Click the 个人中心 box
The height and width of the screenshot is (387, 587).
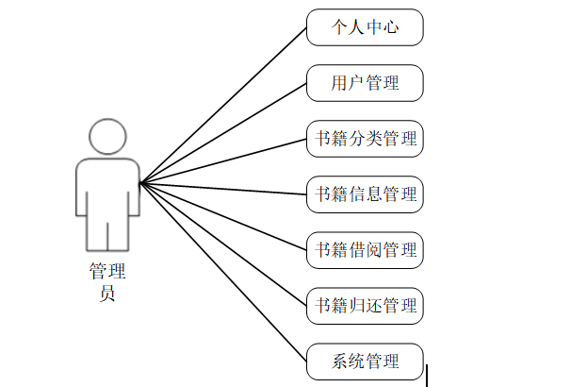tap(365, 27)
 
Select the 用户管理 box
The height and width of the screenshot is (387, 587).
tap(365, 83)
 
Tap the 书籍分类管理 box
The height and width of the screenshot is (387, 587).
tap(365, 139)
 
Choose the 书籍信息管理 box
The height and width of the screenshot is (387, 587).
tap(365, 194)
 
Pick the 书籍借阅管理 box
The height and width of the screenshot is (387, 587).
tap(365, 250)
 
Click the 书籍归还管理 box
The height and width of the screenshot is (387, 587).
tap(365, 306)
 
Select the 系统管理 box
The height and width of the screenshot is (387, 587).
tap(365, 362)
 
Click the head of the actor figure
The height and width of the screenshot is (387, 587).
tap(106, 136)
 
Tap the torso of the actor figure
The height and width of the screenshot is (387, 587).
tap(106, 189)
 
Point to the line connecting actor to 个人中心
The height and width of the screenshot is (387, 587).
tap(223, 105)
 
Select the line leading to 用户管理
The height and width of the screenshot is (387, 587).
tap(223, 133)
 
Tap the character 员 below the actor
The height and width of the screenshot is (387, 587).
tap(106, 294)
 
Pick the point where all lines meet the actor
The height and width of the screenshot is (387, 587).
tap(140, 183)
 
